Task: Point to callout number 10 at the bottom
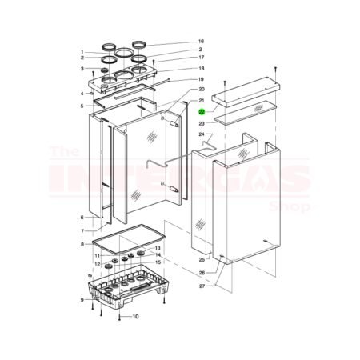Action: (x=135, y=317)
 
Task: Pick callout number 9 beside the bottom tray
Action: (x=82, y=300)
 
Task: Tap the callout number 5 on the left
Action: (x=82, y=106)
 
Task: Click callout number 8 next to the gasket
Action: (x=82, y=244)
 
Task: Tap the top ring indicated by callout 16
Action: (x=139, y=42)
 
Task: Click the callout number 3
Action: (x=82, y=69)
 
